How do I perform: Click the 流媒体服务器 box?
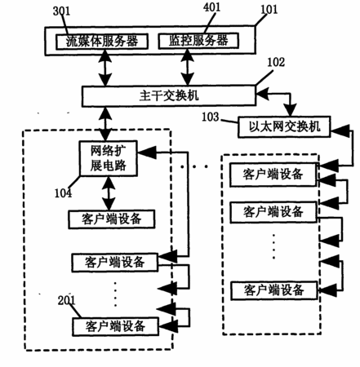click(102, 42)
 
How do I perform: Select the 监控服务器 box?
click(198, 41)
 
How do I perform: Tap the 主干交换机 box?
click(169, 96)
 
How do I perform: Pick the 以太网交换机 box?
click(284, 126)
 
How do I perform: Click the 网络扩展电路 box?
click(108, 158)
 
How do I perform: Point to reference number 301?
click(61, 11)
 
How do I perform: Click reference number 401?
click(211, 7)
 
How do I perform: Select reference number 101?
click(269, 10)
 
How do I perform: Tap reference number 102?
click(276, 62)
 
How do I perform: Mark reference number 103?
click(211, 117)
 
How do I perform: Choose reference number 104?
click(63, 193)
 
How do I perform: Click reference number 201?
click(66, 300)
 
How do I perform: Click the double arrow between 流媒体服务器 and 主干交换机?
click(105, 68)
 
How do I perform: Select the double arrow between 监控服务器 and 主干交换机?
click(188, 68)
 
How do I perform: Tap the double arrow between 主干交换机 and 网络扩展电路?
click(105, 124)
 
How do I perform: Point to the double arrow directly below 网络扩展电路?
click(109, 193)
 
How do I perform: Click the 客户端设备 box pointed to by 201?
click(115, 326)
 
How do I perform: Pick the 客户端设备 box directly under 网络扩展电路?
click(112, 219)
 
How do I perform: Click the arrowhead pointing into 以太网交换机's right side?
click(340, 130)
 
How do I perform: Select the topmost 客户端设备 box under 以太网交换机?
click(273, 175)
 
